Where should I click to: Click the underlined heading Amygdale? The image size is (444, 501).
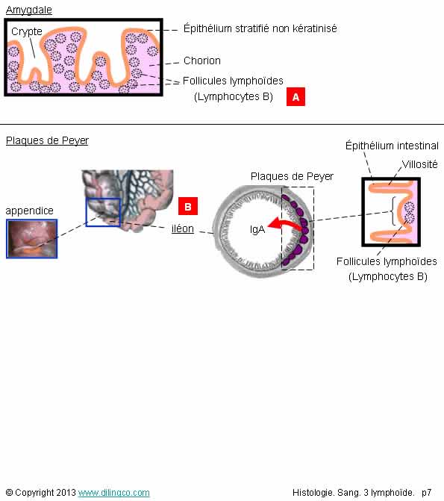click(x=29, y=10)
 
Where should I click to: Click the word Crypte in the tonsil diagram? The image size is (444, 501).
click(x=27, y=31)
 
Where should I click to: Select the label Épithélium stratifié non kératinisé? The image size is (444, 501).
click(x=260, y=28)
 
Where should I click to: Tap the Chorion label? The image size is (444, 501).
click(x=202, y=60)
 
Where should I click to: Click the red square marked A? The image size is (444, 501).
click(x=296, y=96)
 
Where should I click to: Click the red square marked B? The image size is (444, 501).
click(x=188, y=206)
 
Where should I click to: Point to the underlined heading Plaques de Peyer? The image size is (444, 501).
click(x=47, y=140)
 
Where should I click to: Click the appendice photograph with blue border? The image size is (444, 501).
click(x=32, y=239)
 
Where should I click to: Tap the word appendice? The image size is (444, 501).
click(x=29, y=211)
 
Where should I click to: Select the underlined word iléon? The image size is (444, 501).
click(x=183, y=228)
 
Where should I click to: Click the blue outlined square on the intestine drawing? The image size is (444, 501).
click(x=103, y=212)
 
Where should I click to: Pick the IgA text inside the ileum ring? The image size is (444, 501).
click(x=257, y=229)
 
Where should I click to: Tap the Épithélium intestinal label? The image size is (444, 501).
click(x=392, y=146)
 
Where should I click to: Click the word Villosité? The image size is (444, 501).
click(x=419, y=164)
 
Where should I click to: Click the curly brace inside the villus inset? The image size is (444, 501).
click(x=393, y=211)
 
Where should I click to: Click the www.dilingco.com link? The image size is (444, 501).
click(x=113, y=493)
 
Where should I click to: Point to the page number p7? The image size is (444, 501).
click(x=426, y=493)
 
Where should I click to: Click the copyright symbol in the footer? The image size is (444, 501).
click(x=9, y=493)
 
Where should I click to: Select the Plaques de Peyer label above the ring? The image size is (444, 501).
click(x=292, y=176)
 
